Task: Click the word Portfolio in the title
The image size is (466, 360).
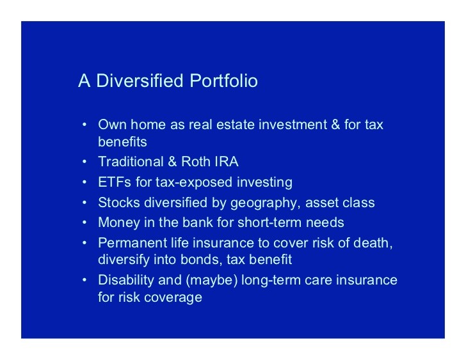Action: click(223, 81)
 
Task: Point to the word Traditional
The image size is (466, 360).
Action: click(131, 162)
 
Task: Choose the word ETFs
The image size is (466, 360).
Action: click(115, 182)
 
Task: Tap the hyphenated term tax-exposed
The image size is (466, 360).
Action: click(194, 182)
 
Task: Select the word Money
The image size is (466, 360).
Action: click(119, 223)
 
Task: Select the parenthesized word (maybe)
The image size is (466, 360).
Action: click(212, 281)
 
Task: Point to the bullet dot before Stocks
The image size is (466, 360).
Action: click(84, 203)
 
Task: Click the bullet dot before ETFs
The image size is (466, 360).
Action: click(84, 182)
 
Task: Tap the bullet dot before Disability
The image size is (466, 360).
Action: click(84, 280)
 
